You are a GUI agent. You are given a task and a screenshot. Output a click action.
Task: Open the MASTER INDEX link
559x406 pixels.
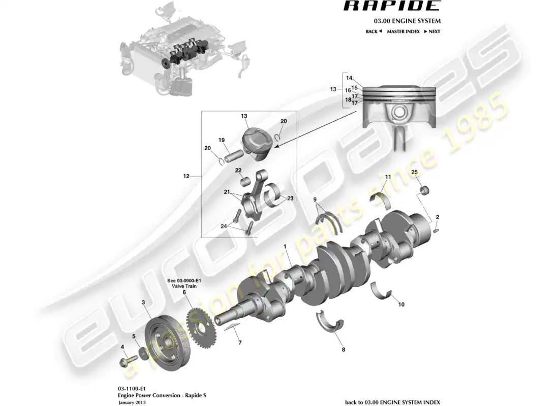pos(403,31)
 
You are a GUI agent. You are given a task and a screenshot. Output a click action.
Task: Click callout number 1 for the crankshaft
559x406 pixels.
pos(286,247)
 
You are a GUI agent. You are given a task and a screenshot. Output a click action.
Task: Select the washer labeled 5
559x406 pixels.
pos(144,352)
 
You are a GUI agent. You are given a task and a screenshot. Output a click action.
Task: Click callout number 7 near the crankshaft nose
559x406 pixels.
pos(240,343)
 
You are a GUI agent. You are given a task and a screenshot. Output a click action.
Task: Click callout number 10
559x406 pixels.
pos(401,304)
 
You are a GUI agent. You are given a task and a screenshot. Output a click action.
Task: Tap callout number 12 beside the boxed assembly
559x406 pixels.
pos(186,176)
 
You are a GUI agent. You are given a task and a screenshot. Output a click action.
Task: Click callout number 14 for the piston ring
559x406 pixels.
pos(349,78)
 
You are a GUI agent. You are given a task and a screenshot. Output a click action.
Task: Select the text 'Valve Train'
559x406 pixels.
pos(184,286)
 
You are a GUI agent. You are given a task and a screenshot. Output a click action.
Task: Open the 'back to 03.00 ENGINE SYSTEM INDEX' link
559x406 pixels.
pos(392,402)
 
